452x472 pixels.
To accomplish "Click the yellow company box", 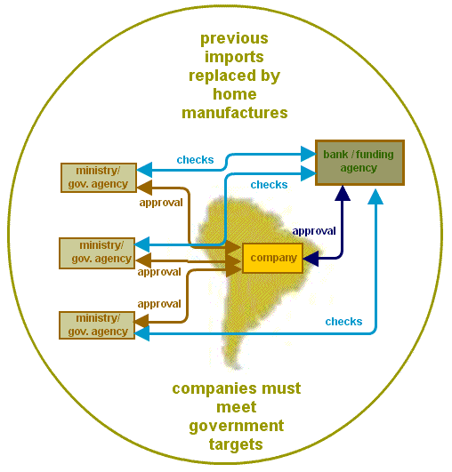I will pyautogui.click(x=272, y=258).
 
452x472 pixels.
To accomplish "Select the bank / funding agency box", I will pyautogui.click(x=359, y=162).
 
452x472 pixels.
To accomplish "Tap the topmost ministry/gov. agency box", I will pyautogui.click(x=99, y=177).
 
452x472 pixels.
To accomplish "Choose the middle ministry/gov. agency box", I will pyautogui.click(x=99, y=252).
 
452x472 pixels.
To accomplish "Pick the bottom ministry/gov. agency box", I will pyautogui.click(x=99, y=324).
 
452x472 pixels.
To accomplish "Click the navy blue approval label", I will pyautogui.click(x=314, y=230).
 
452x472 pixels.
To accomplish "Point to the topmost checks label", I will pyautogui.click(x=195, y=160).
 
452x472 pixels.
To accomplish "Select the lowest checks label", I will pyautogui.click(x=343, y=321).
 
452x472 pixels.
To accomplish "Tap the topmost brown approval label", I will pyautogui.click(x=161, y=202).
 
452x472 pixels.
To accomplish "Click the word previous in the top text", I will pyautogui.click(x=234, y=39).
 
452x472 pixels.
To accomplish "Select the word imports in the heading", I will pyautogui.click(x=234, y=58).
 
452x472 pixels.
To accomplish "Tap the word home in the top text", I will pyautogui.click(x=234, y=94).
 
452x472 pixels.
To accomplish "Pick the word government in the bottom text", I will pyautogui.click(x=236, y=426).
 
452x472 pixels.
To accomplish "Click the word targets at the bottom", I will pyautogui.click(x=236, y=444).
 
